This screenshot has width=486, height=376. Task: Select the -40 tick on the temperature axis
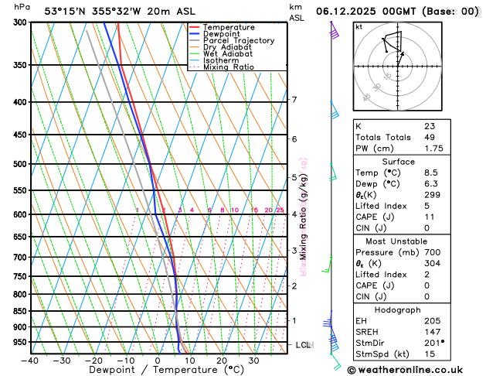(30, 360)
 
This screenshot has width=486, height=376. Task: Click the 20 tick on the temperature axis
(221, 360)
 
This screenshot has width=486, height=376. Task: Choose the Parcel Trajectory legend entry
(238, 41)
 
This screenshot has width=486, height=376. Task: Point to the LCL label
(303, 344)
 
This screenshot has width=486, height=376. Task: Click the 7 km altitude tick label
(294, 100)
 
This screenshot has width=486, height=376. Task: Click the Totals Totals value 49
(429, 137)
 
